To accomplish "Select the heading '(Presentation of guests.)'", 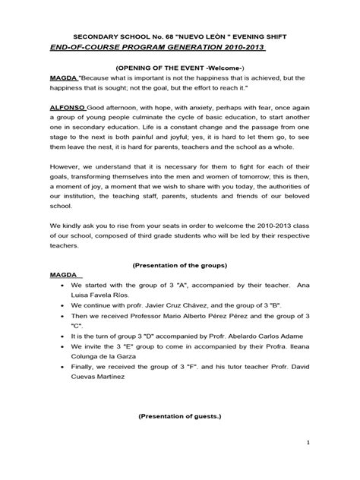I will [x=179, y=417].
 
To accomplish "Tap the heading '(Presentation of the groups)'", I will [x=179, y=266].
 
